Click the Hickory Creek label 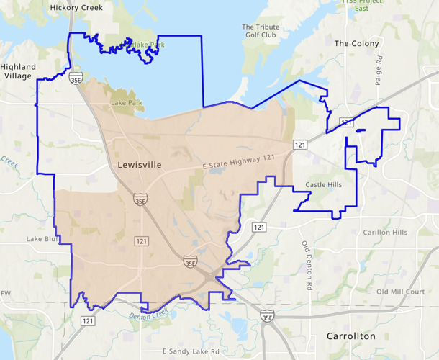pyautogui.click(x=76, y=7)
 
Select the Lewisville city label pyautogui.click(x=140, y=165)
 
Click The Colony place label pyautogui.click(x=356, y=43)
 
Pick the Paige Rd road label pyautogui.click(x=379, y=71)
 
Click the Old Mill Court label pyautogui.click(x=401, y=292)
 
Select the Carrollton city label pyautogui.click(x=350, y=336)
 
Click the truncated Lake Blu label pyautogui.click(x=42, y=238)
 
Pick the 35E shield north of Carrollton pyautogui.click(x=267, y=316)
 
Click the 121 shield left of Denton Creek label pyautogui.click(x=87, y=320)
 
